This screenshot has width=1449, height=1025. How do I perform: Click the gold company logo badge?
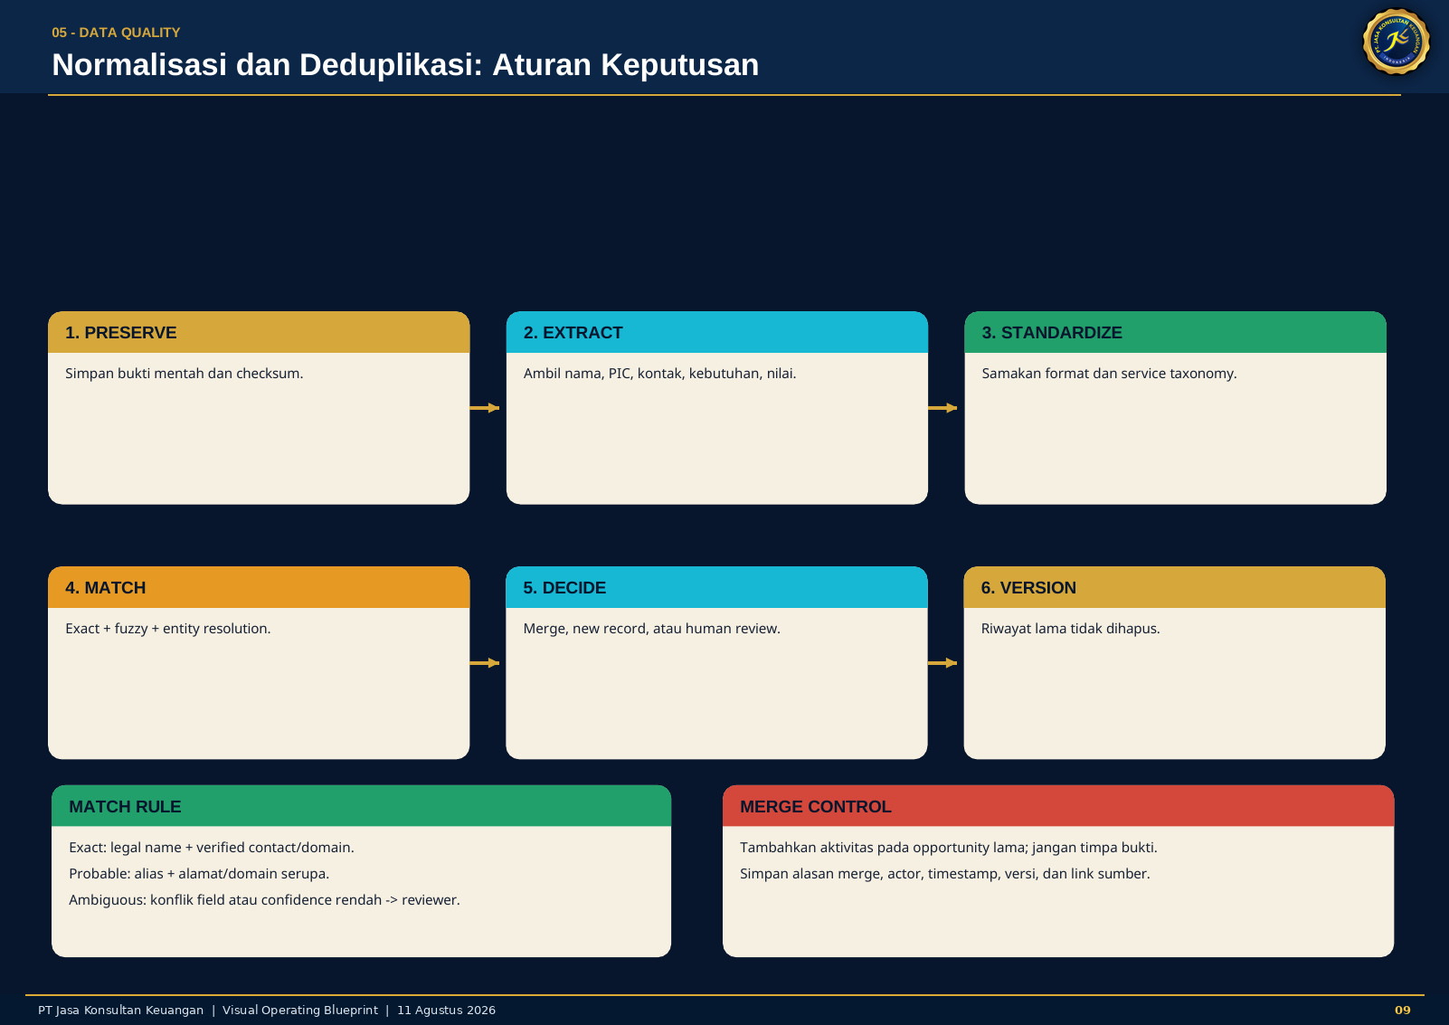1396,42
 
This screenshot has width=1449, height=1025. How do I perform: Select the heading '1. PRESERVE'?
120,333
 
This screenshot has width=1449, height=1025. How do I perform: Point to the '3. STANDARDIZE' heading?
1051,333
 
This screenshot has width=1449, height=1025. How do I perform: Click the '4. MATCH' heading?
106,587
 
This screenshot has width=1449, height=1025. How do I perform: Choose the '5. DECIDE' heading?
564,587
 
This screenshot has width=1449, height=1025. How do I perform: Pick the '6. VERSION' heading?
1028,587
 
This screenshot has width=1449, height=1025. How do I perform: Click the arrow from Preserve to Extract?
485,408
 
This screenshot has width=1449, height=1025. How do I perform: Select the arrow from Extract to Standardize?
942,408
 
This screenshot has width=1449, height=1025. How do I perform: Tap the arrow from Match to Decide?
485,662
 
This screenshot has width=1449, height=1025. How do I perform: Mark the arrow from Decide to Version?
942,662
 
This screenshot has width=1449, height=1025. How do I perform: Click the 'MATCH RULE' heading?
125,806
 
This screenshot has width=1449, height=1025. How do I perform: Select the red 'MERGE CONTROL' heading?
815,806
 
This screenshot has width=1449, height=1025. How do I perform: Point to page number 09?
1403,1011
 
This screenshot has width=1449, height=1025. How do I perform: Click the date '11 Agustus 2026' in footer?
446,1011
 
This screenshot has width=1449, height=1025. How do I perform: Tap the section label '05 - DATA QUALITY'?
116,33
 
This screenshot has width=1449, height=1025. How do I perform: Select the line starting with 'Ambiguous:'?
264,900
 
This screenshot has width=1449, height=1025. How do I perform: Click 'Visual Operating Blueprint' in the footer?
300,1011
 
